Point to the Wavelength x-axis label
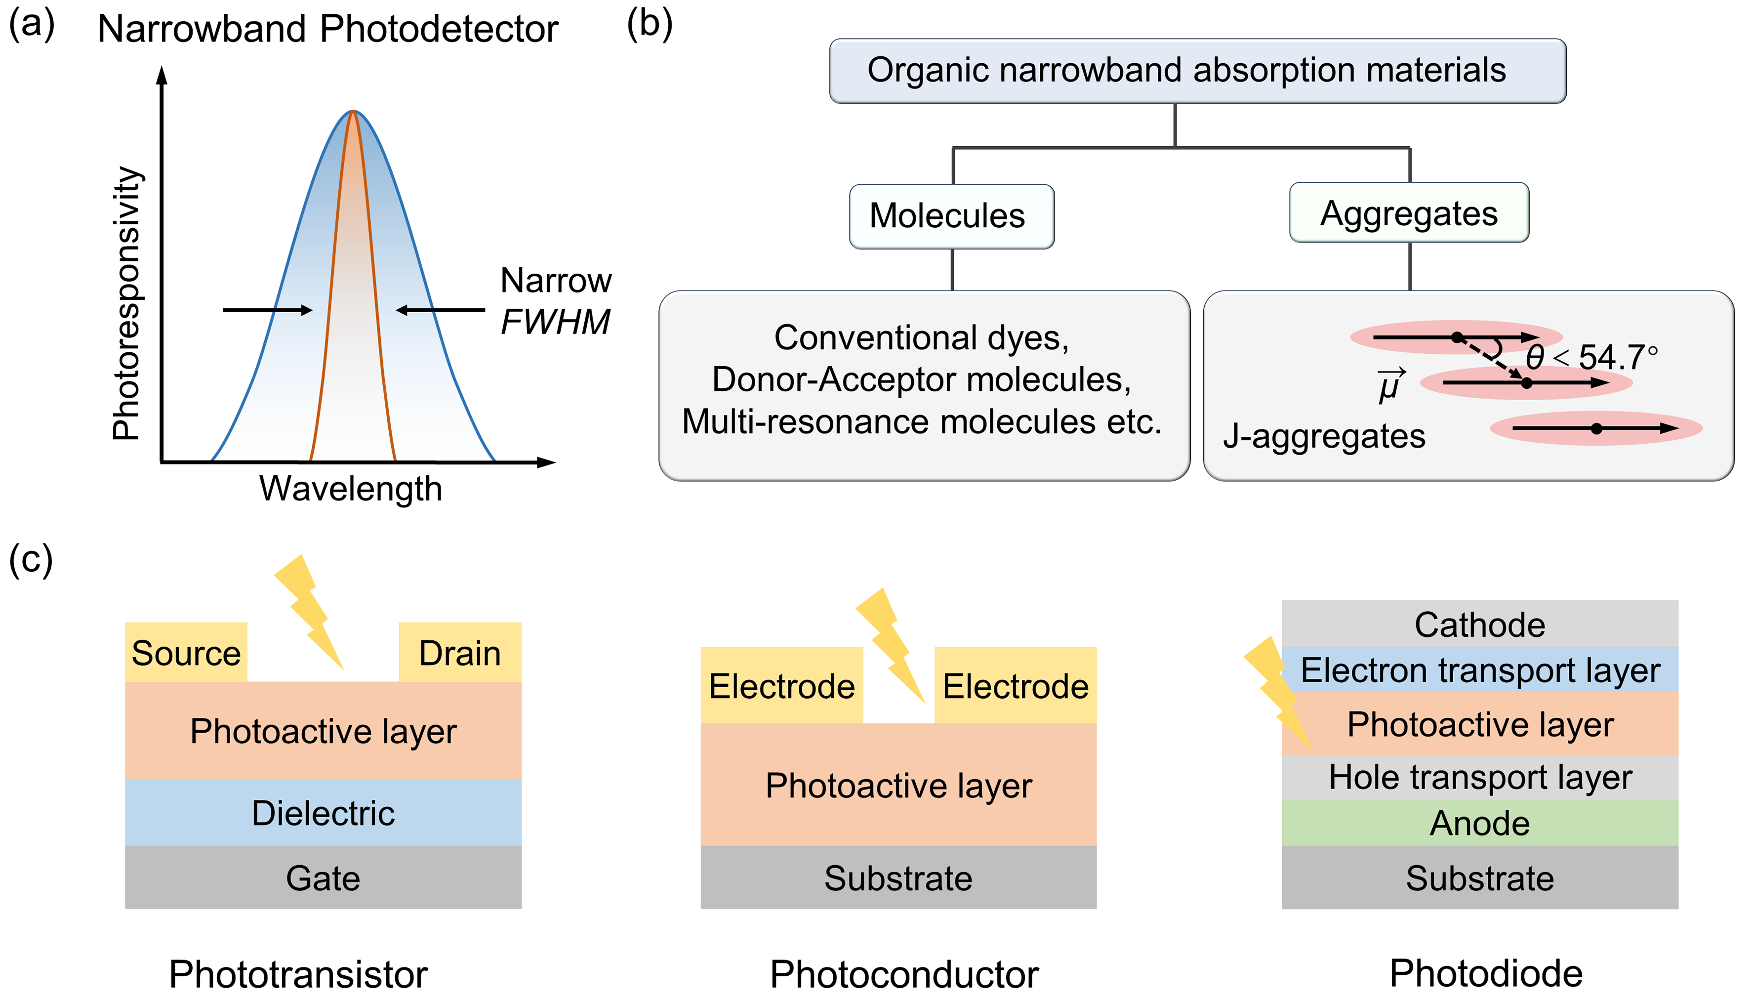pos(350,489)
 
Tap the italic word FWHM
pos(555,321)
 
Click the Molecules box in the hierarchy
pos(951,216)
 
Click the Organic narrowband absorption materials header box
pos(1196,71)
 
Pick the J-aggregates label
pos(1324,436)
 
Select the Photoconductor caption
pos(903,974)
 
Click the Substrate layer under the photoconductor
pos(897,877)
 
